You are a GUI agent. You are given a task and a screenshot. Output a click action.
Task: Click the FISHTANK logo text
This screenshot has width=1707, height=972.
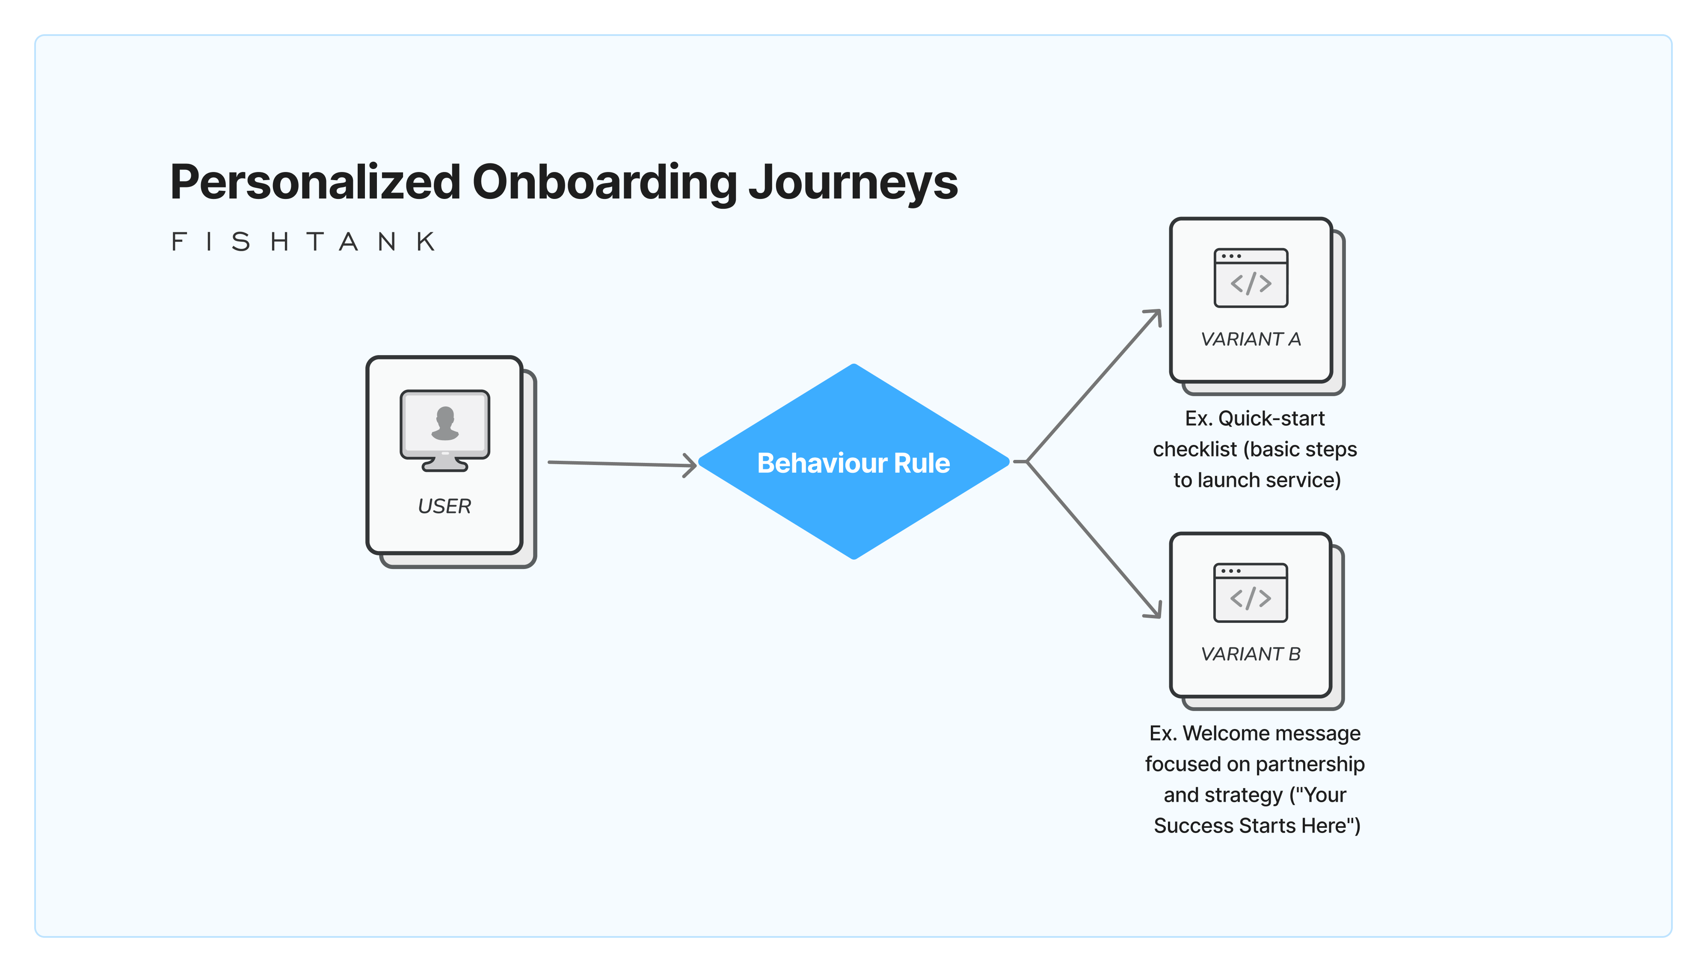pyautogui.click(x=304, y=242)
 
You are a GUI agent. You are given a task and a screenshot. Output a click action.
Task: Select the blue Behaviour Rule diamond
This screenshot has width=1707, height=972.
pyautogui.click(x=853, y=462)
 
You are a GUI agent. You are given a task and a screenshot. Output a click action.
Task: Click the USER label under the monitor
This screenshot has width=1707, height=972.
pyautogui.click(x=444, y=506)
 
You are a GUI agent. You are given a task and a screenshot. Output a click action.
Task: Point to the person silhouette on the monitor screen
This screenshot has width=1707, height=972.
pyautogui.click(x=445, y=423)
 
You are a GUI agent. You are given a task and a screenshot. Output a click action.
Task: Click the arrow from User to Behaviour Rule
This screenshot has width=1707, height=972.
pyautogui.click(x=621, y=463)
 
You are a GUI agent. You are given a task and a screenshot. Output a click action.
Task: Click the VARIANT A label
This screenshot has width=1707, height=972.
pyautogui.click(x=1251, y=339)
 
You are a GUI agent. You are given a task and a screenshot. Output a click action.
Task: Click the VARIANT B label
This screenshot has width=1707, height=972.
pyautogui.click(x=1251, y=654)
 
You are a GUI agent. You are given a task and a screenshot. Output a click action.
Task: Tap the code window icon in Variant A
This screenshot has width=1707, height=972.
pyautogui.click(x=1251, y=278)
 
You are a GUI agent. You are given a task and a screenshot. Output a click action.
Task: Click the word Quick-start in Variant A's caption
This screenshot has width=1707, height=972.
pyautogui.click(x=1271, y=418)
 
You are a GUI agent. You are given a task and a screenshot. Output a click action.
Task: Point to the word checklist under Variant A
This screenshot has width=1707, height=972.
pyautogui.click(x=1194, y=449)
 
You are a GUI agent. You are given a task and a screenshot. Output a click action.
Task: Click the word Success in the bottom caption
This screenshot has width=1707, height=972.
pyautogui.click(x=1194, y=826)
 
